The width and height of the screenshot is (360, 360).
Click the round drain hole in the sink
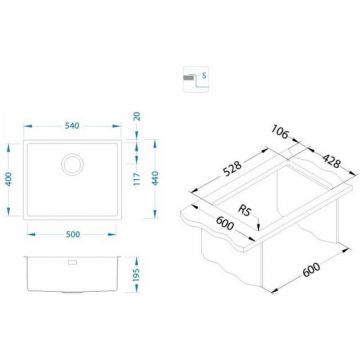[74, 162]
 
